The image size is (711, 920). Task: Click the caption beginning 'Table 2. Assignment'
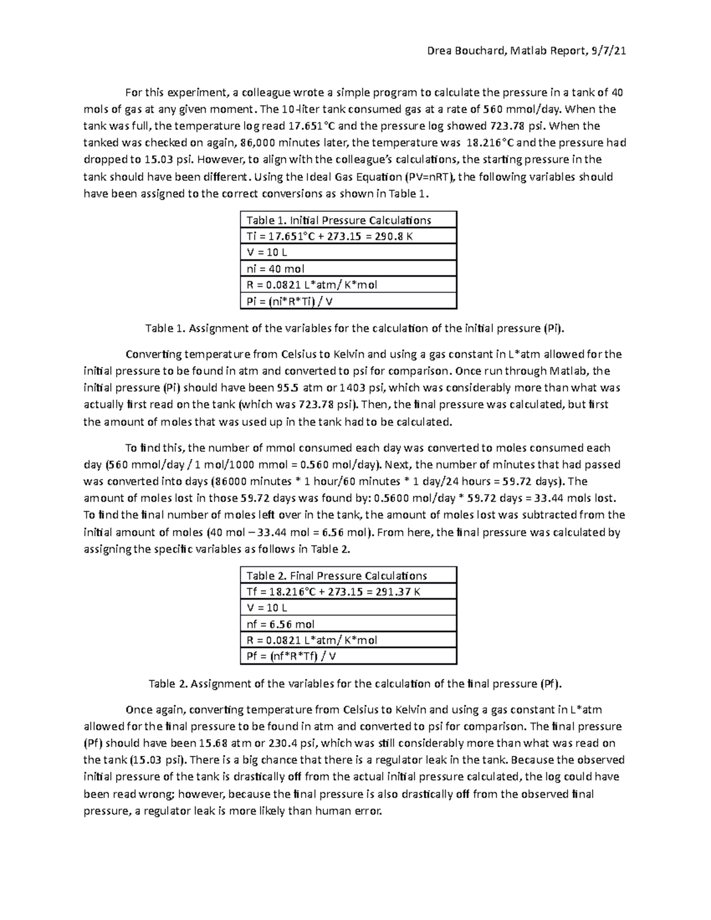(354, 684)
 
